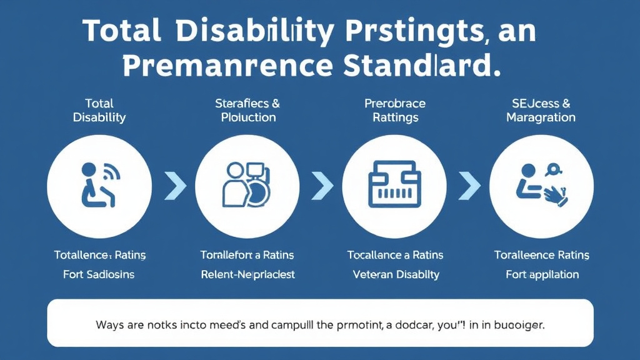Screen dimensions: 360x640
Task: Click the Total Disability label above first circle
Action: tap(99, 111)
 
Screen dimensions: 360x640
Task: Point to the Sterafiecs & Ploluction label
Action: tap(247, 111)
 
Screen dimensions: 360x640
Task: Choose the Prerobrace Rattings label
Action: tap(395, 111)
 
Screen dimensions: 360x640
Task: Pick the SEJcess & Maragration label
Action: tap(541, 111)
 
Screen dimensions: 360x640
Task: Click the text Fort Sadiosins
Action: tap(99, 274)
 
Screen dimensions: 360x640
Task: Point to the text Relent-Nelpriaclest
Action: tap(247, 274)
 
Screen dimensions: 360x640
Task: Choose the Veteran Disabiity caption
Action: tap(396, 274)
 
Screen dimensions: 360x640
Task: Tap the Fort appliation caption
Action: tap(541, 274)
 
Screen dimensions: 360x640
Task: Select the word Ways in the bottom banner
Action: tap(110, 326)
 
